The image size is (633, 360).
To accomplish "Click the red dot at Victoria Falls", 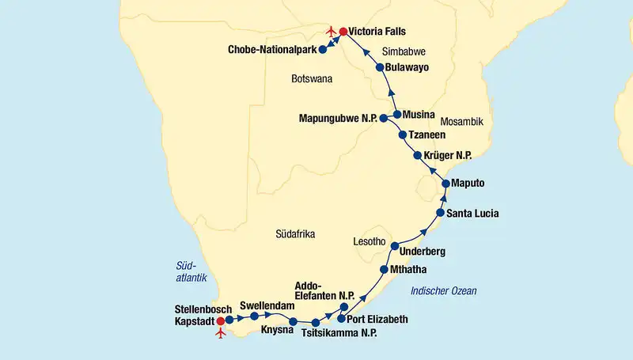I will click(x=343, y=32).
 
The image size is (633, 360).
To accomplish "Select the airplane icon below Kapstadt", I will click(x=221, y=332).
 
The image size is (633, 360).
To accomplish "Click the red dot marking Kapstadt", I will click(x=220, y=321).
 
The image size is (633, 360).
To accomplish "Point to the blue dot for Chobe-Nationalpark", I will click(x=322, y=50).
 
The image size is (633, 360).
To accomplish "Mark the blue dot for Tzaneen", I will click(x=403, y=135).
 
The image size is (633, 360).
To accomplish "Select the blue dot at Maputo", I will click(x=445, y=184).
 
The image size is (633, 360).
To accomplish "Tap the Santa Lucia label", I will click(x=473, y=214).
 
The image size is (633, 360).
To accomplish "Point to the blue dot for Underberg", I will click(x=395, y=248).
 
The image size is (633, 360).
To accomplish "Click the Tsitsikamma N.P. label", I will click(x=339, y=334).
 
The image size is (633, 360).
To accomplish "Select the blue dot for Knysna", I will click(x=294, y=322).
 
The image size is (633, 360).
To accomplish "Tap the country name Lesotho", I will click(x=369, y=241).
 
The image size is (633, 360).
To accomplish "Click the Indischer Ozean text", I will click(x=443, y=291).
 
